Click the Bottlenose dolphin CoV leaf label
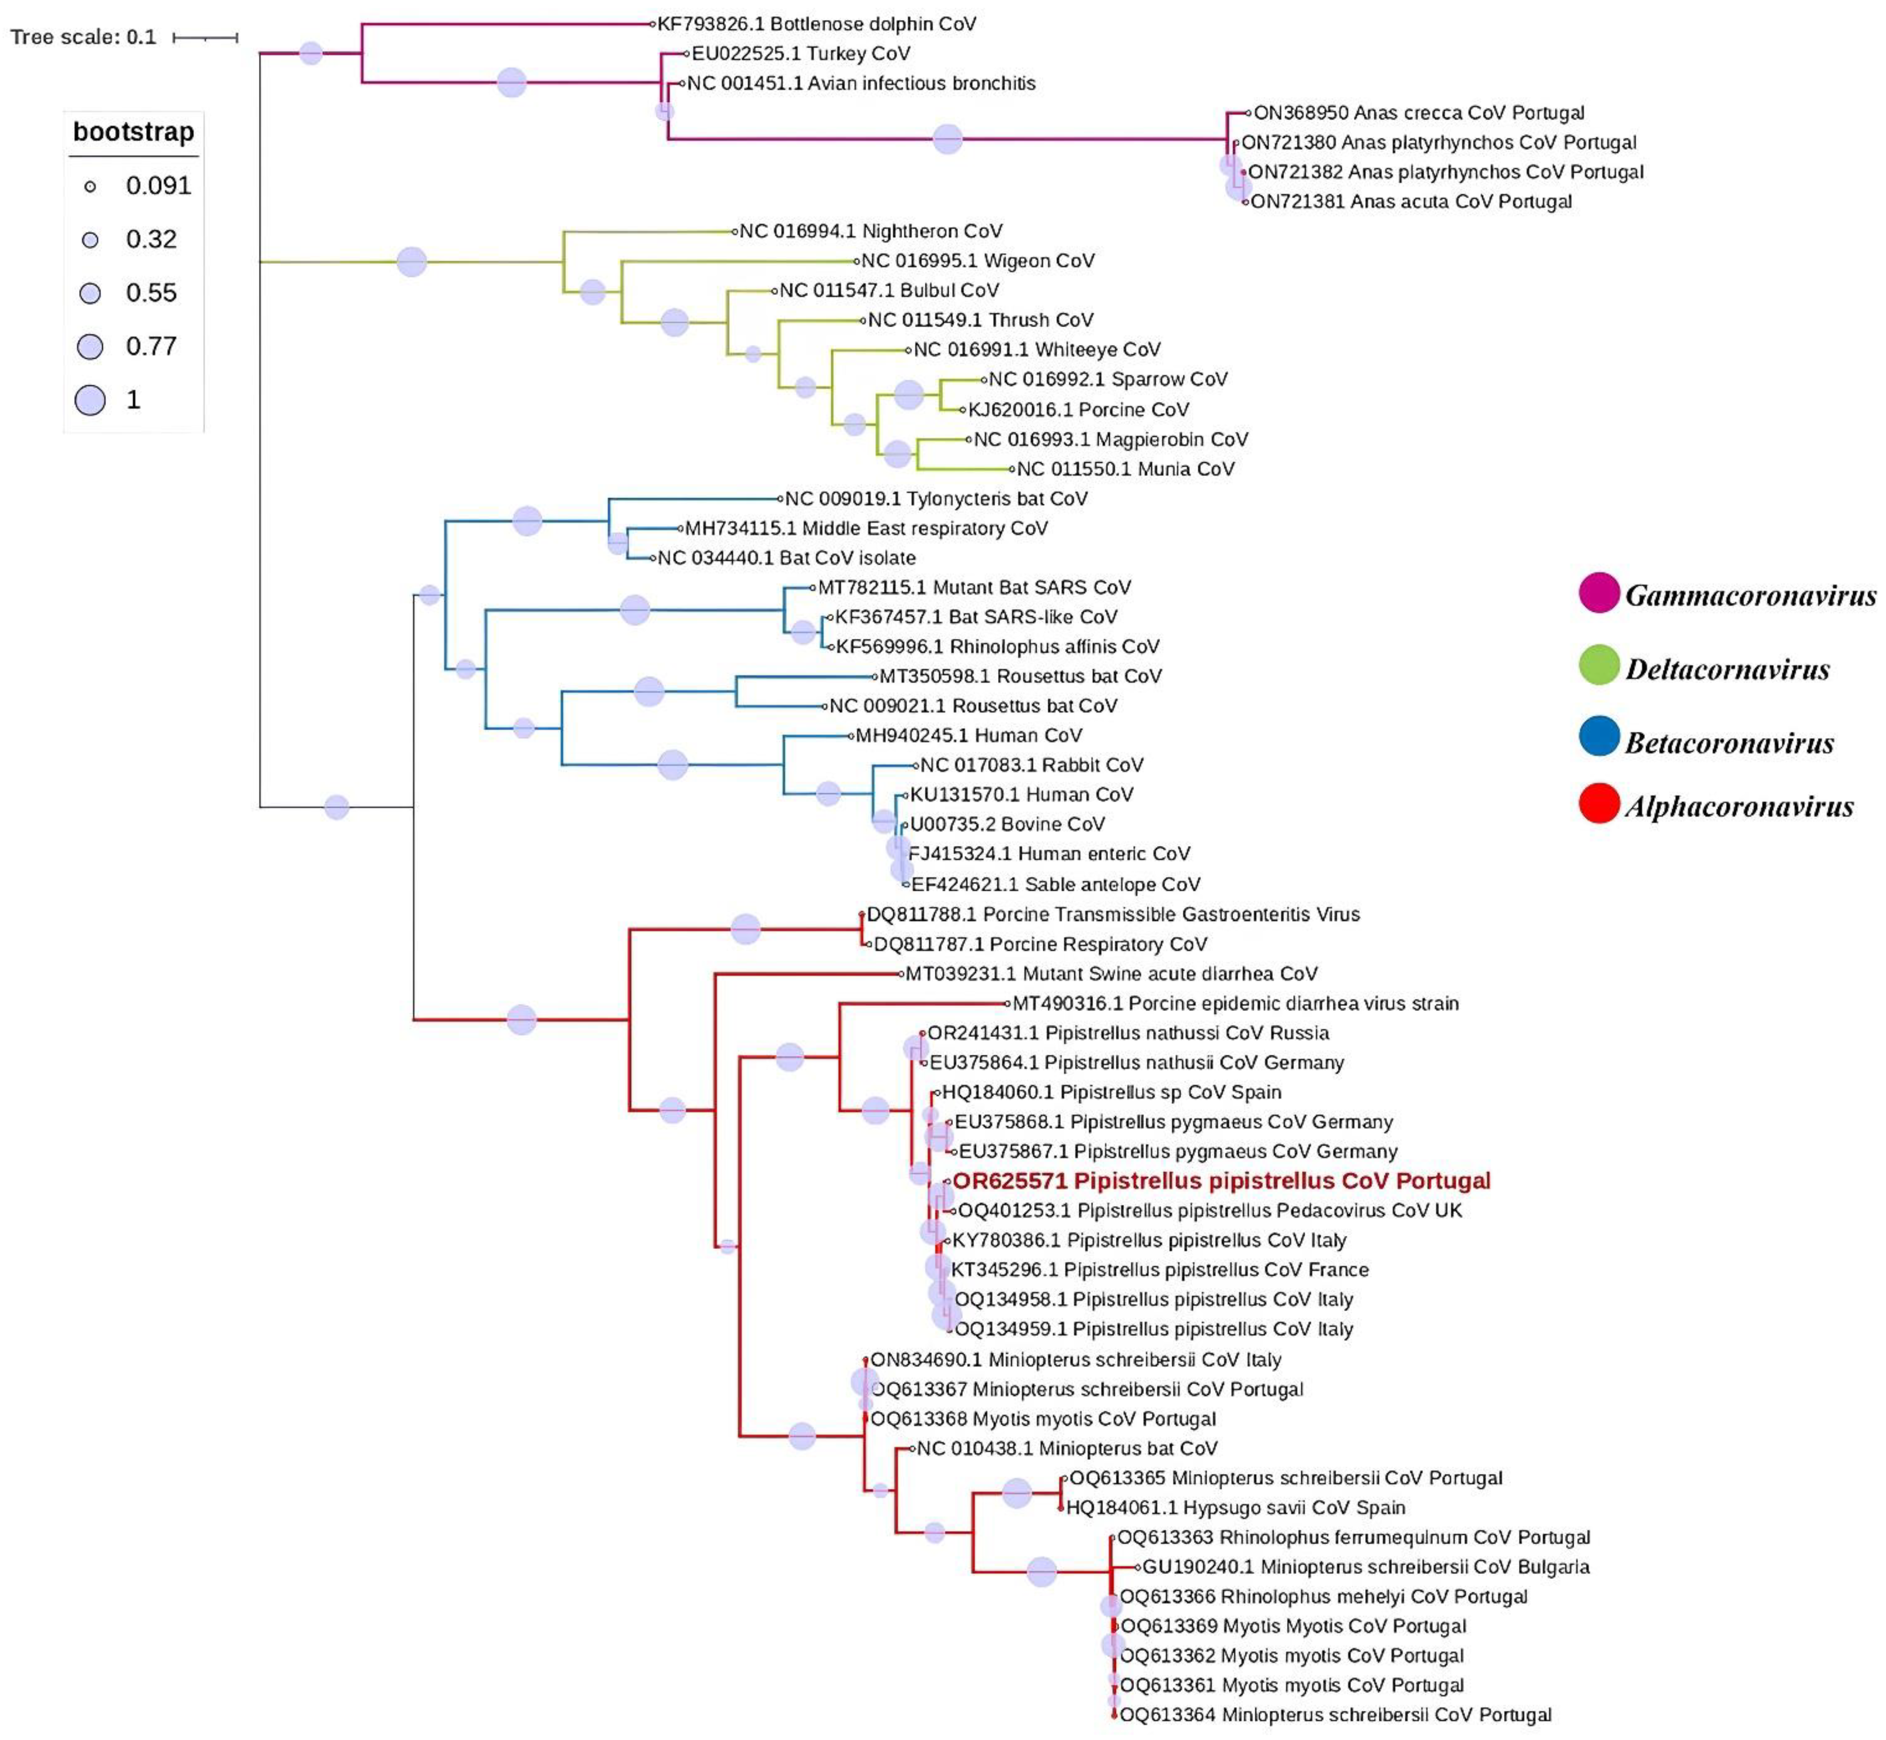click(x=816, y=24)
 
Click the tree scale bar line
click(x=205, y=38)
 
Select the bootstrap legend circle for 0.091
click(x=91, y=187)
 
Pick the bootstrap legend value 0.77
click(x=151, y=346)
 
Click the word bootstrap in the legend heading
click(x=134, y=132)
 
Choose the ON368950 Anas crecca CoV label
click(x=1418, y=113)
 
